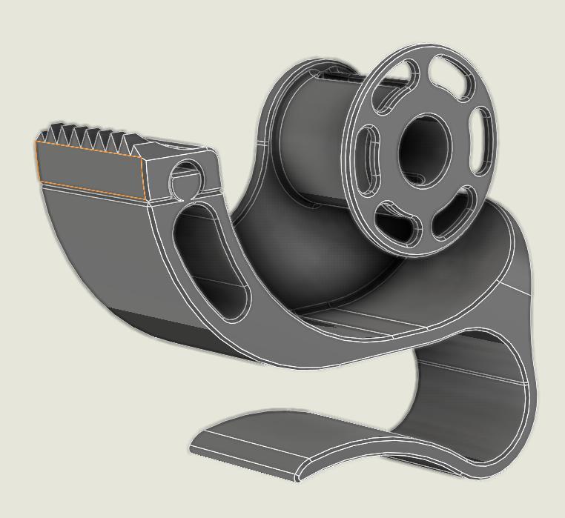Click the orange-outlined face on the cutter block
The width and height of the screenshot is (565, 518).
[x=89, y=170]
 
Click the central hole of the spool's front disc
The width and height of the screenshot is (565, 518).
[x=424, y=148]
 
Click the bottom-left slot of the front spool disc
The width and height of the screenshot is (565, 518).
[x=397, y=225]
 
